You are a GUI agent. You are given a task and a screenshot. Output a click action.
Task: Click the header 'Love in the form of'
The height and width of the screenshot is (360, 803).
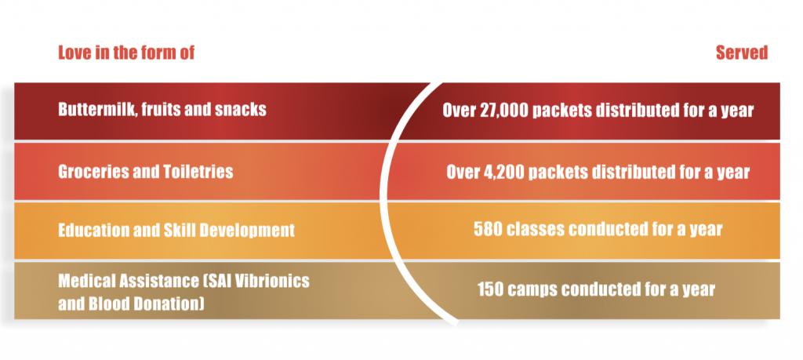tap(126, 53)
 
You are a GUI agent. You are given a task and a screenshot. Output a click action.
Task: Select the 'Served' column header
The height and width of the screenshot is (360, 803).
tap(742, 53)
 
